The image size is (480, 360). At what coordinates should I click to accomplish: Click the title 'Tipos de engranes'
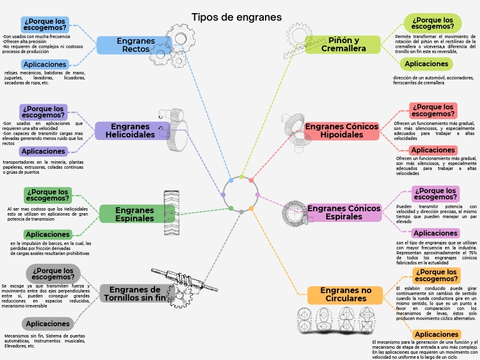(x=236, y=17)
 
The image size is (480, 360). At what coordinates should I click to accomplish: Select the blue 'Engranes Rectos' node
(x=135, y=45)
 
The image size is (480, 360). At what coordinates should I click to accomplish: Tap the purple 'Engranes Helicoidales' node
(x=130, y=131)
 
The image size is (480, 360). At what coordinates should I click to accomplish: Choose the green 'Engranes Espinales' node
(x=134, y=214)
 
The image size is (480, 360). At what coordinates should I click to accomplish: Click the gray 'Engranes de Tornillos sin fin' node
(x=135, y=293)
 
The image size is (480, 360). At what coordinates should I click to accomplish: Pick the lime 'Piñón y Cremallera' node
(x=343, y=44)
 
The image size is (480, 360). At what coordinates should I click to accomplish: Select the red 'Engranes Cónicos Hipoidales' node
(x=342, y=131)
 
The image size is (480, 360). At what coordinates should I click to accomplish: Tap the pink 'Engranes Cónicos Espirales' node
(x=343, y=212)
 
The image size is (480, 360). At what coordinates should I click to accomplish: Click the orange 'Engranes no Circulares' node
(x=345, y=294)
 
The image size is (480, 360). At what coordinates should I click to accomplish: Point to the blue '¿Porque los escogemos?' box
(x=45, y=24)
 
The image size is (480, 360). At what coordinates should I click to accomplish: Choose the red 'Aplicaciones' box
(x=432, y=150)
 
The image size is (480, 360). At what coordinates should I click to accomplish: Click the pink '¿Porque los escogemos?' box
(x=436, y=194)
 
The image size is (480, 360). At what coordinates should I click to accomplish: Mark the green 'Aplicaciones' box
(x=47, y=234)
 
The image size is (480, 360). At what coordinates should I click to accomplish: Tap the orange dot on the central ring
(x=251, y=208)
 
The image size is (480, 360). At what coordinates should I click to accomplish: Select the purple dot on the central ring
(x=223, y=194)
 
